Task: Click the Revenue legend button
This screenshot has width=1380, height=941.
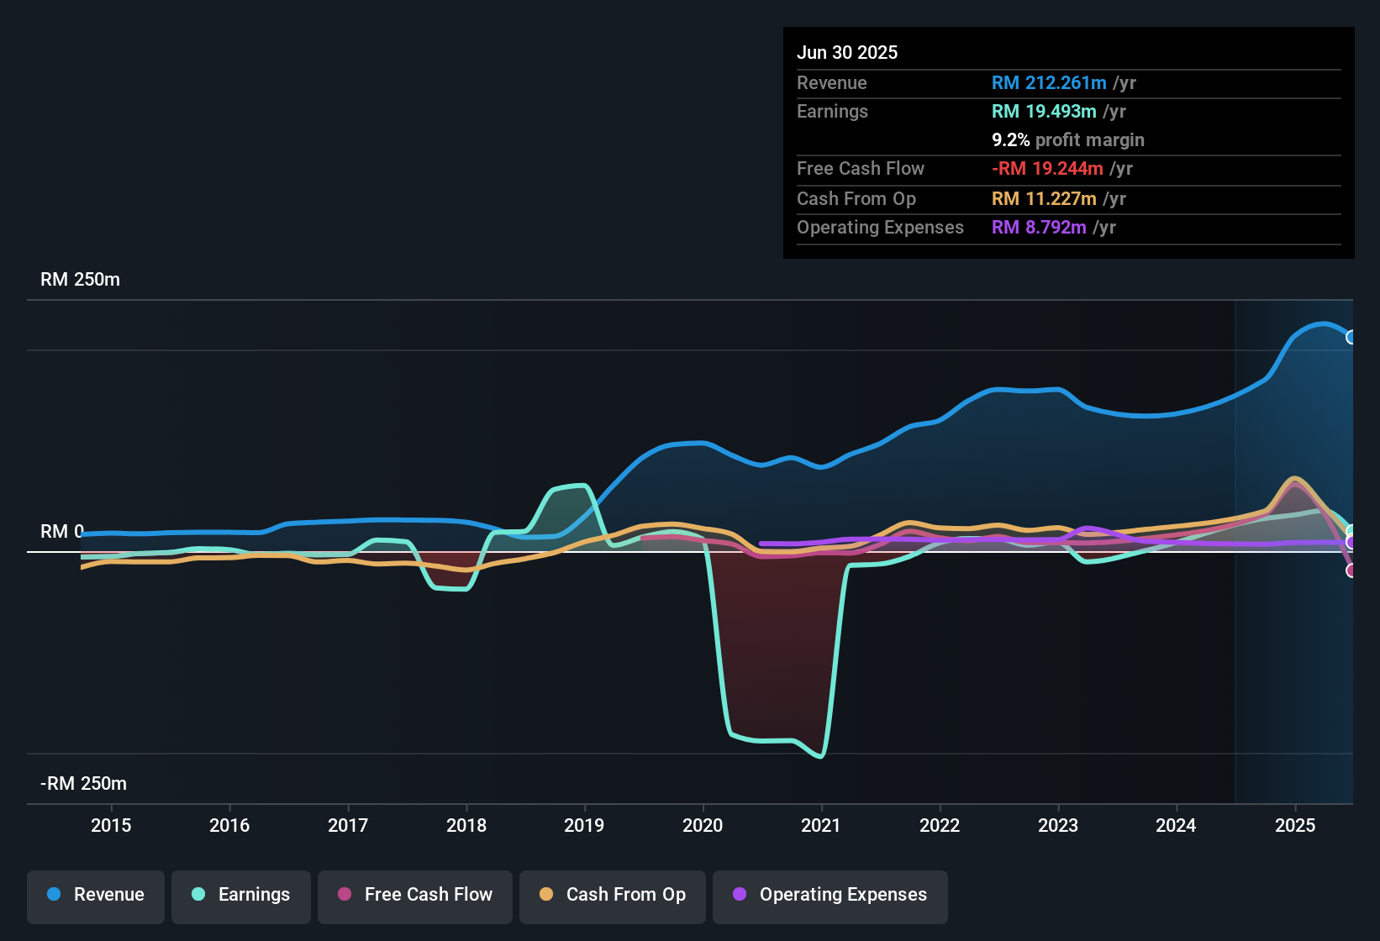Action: (x=96, y=895)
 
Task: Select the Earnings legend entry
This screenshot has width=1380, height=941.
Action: (x=241, y=895)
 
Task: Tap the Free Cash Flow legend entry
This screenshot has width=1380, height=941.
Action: (x=415, y=895)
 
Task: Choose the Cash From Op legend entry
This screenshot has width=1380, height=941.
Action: (x=613, y=895)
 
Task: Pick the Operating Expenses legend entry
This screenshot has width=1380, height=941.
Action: (x=830, y=895)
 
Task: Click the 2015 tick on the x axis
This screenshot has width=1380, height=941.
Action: (x=111, y=825)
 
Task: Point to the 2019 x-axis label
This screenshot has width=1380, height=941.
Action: (x=584, y=825)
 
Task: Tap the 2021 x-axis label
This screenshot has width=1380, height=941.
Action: (x=821, y=825)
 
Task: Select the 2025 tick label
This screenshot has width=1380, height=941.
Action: (x=1295, y=825)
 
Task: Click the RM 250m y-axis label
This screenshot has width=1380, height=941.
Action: (x=81, y=280)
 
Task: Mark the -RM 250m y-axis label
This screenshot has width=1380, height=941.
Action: (x=83, y=784)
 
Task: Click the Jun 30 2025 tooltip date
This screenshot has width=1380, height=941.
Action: (x=847, y=53)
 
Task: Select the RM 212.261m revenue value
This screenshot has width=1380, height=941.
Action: (x=1049, y=83)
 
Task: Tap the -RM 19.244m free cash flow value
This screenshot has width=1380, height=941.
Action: (x=1047, y=169)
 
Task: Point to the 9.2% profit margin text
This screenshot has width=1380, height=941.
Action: (x=1068, y=140)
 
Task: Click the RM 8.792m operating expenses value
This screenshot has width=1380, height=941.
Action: (x=1039, y=228)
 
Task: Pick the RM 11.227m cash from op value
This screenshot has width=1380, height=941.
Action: (x=1044, y=199)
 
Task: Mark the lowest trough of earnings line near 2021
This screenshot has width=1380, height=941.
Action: (x=820, y=756)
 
